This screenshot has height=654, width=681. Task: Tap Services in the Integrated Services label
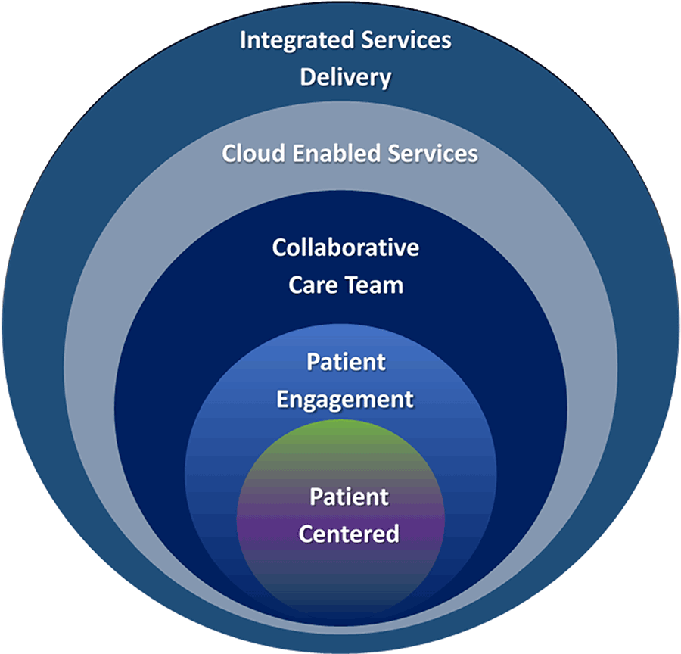pos(407,40)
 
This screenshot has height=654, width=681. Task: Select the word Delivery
pos(345,77)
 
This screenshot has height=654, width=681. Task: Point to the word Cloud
pos(252,154)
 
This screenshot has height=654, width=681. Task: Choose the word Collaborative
pos(345,248)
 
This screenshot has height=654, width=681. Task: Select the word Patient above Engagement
pos(346,362)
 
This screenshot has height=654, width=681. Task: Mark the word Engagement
pos(345,399)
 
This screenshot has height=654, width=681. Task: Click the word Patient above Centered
pos(349,497)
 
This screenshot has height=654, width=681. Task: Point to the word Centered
pos(349,534)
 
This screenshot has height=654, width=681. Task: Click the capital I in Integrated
pos(243,40)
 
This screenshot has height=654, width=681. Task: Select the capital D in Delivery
pos(306,77)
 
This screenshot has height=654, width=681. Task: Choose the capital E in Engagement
pos(283,399)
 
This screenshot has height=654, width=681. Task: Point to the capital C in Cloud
pos(229,154)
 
